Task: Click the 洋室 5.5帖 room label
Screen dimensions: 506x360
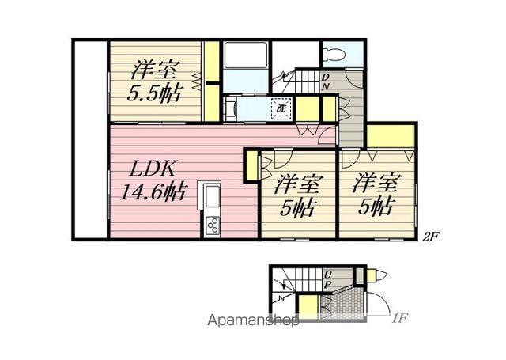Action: pyautogui.click(x=154, y=81)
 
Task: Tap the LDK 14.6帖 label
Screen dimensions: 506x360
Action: pyautogui.click(x=153, y=181)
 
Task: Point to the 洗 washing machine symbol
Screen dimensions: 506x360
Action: pyautogui.click(x=281, y=108)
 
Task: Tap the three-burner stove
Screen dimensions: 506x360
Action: pyautogui.click(x=212, y=225)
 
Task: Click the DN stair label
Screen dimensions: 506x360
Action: pyautogui.click(x=326, y=81)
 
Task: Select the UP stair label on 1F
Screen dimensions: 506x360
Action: pyautogui.click(x=327, y=279)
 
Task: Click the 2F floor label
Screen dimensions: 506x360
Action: pyautogui.click(x=430, y=237)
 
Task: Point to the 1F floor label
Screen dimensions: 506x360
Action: pyautogui.click(x=398, y=319)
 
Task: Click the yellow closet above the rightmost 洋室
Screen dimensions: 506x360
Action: pyautogui.click(x=391, y=136)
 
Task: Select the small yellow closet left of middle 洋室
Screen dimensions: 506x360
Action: pyautogui.click(x=252, y=165)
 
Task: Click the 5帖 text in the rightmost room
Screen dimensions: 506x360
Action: pyautogui.click(x=376, y=206)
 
